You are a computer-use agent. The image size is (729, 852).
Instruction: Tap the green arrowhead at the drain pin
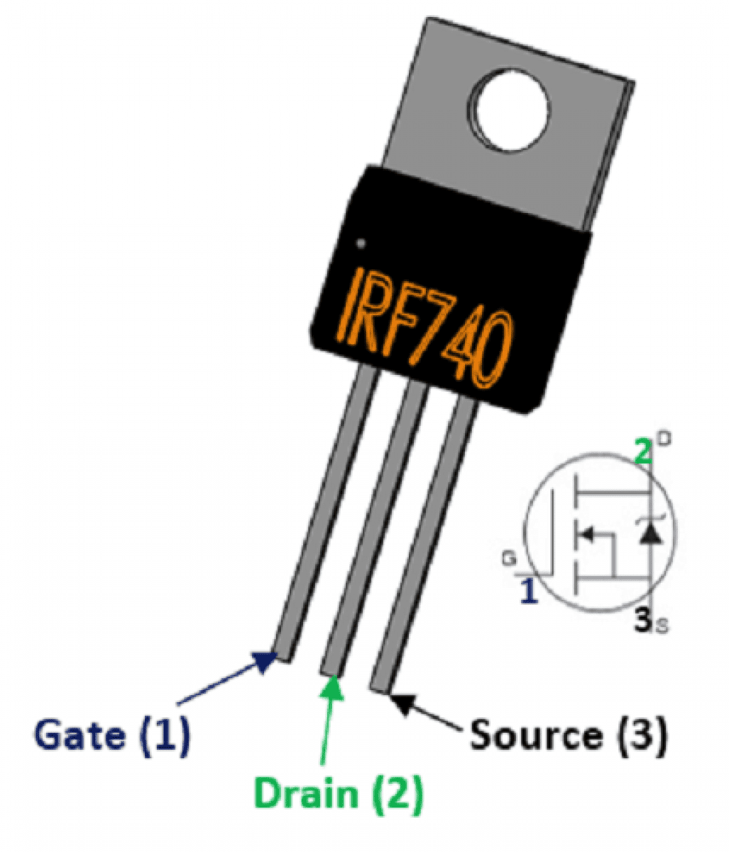(x=331, y=687)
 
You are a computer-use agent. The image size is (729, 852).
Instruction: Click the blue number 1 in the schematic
(x=528, y=591)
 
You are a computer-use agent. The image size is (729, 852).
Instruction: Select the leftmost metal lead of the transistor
(x=323, y=511)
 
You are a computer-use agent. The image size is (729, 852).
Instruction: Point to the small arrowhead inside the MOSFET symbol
(x=586, y=532)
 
